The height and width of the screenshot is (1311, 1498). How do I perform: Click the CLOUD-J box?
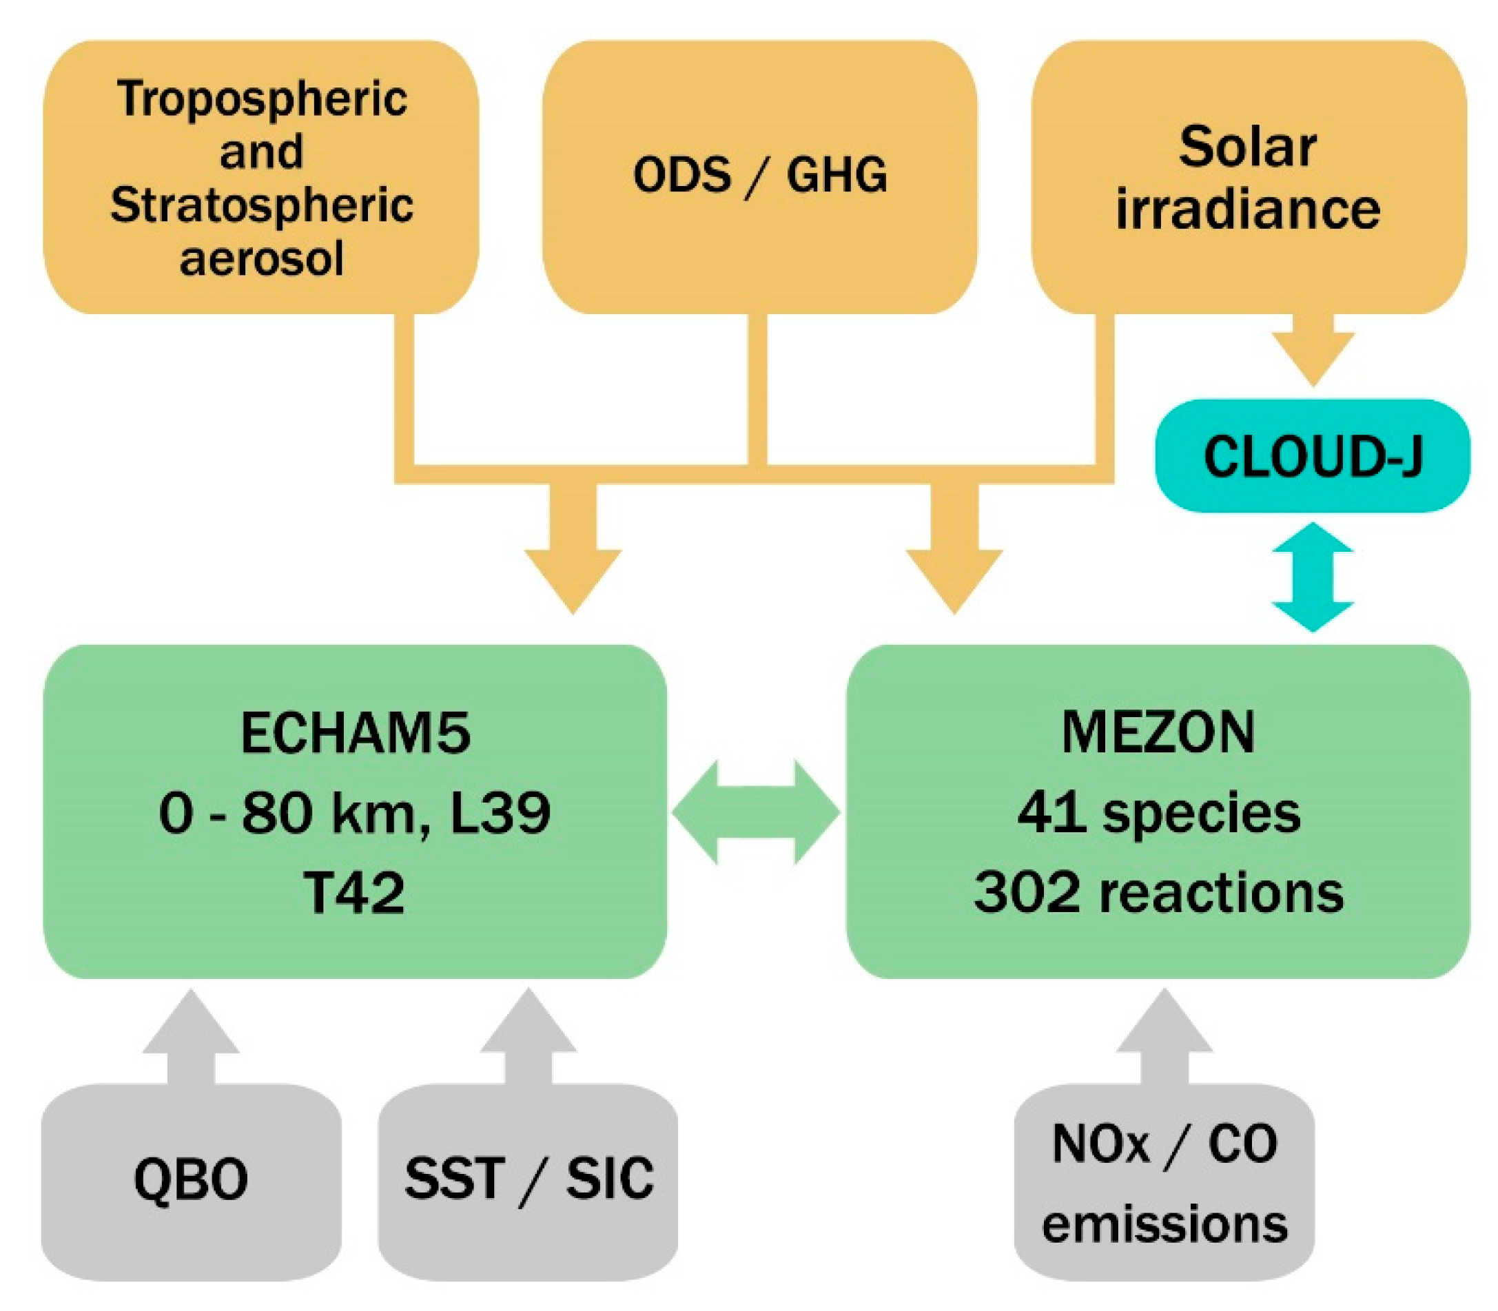tap(1311, 455)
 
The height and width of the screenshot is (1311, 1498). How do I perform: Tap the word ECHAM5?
tap(355, 733)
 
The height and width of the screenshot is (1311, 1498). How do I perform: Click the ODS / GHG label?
tap(759, 176)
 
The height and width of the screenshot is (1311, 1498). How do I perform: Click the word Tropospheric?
tap(261, 99)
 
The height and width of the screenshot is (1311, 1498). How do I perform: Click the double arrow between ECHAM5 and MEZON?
tap(756, 812)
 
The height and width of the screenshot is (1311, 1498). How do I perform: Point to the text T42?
tap(355, 894)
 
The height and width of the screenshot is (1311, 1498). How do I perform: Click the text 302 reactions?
tap(1158, 893)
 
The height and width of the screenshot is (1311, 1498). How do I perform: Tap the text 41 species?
tap(1158, 813)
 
